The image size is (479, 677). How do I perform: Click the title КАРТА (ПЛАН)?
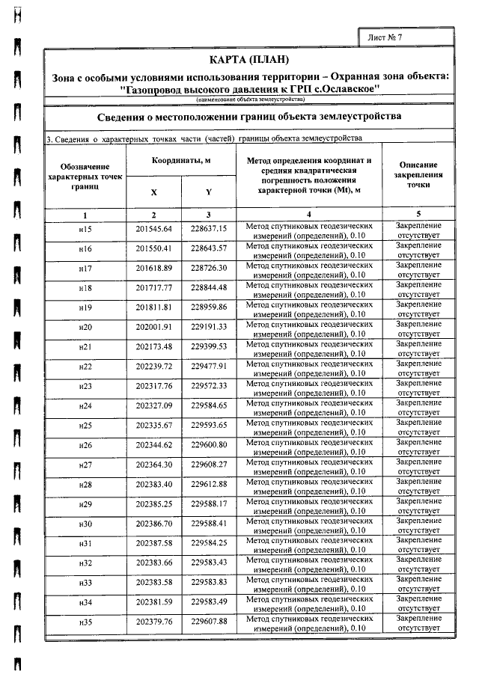[x=249, y=60]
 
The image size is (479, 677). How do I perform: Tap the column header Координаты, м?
[x=181, y=161]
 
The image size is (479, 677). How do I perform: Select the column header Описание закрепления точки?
[x=418, y=174]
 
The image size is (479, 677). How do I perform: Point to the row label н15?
[x=85, y=229]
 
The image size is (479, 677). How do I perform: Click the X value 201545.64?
[x=153, y=228]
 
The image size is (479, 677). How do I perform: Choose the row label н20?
[x=85, y=328]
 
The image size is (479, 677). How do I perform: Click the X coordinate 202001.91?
[x=153, y=327]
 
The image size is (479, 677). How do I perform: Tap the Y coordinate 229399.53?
[x=209, y=346]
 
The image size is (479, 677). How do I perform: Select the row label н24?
[x=85, y=406]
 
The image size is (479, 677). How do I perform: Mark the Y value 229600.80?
[x=209, y=445]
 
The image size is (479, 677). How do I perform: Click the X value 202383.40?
[x=153, y=484]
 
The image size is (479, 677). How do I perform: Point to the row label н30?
[x=85, y=524]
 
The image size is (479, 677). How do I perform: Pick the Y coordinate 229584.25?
[x=209, y=542]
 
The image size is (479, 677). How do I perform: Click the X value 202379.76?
[x=153, y=621]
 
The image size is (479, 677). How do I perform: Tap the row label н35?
[x=85, y=622]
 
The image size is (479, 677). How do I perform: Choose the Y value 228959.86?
[x=209, y=307]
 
